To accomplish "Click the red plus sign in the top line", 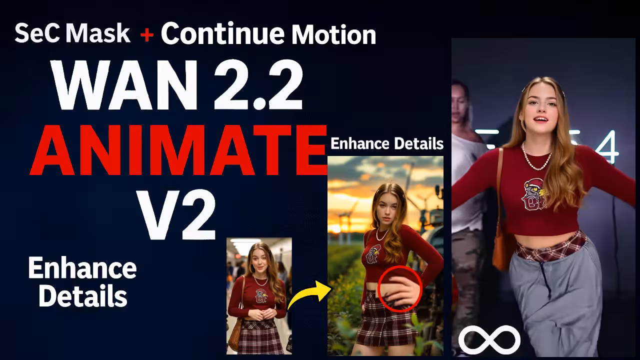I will point(146,35).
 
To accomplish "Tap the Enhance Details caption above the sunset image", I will point(387,144).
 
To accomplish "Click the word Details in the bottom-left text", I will point(82,296).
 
